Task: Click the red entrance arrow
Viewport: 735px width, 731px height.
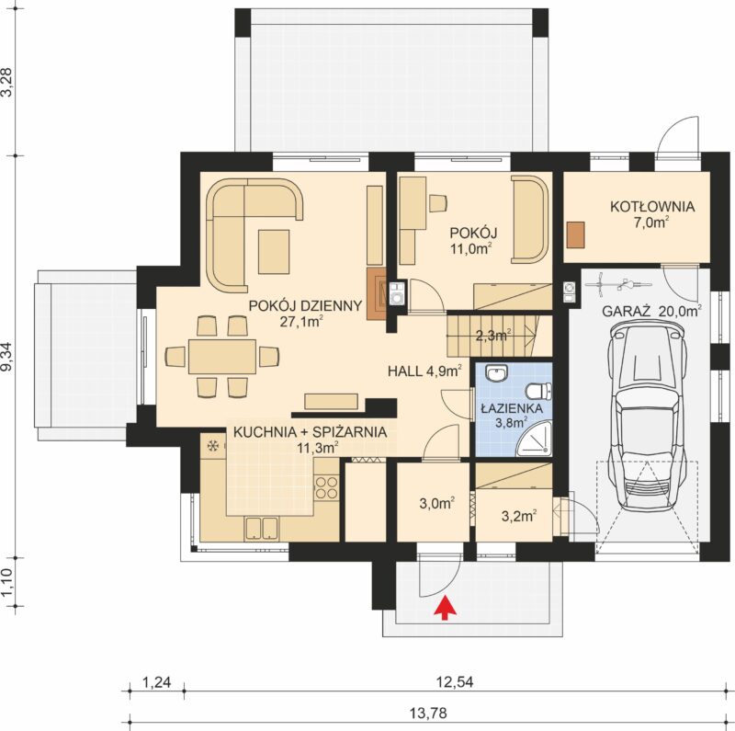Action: tap(445, 608)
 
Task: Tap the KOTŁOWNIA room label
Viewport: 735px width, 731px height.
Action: tap(652, 207)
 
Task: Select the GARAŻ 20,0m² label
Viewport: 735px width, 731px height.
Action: tap(651, 311)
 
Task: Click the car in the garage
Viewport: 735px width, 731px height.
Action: tap(646, 417)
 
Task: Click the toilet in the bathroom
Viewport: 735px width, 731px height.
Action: tap(539, 391)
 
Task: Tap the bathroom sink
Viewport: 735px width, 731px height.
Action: tap(496, 373)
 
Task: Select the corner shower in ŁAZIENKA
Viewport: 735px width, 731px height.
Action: tap(534, 439)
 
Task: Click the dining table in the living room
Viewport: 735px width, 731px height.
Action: tap(222, 357)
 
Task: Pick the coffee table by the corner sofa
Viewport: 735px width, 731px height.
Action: tap(274, 251)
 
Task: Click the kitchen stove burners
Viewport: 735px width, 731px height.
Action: tap(327, 487)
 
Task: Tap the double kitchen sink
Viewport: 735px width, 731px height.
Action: tap(262, 528)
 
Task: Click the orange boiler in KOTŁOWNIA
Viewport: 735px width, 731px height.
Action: tap(576, 234)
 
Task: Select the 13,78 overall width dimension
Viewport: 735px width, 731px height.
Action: tap(428, 714)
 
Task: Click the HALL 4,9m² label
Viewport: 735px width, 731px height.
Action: tap(424, 371)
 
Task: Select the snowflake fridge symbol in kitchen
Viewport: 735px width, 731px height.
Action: tap(213, 445)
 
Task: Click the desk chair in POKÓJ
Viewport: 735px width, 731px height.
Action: tap(438, 202)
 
